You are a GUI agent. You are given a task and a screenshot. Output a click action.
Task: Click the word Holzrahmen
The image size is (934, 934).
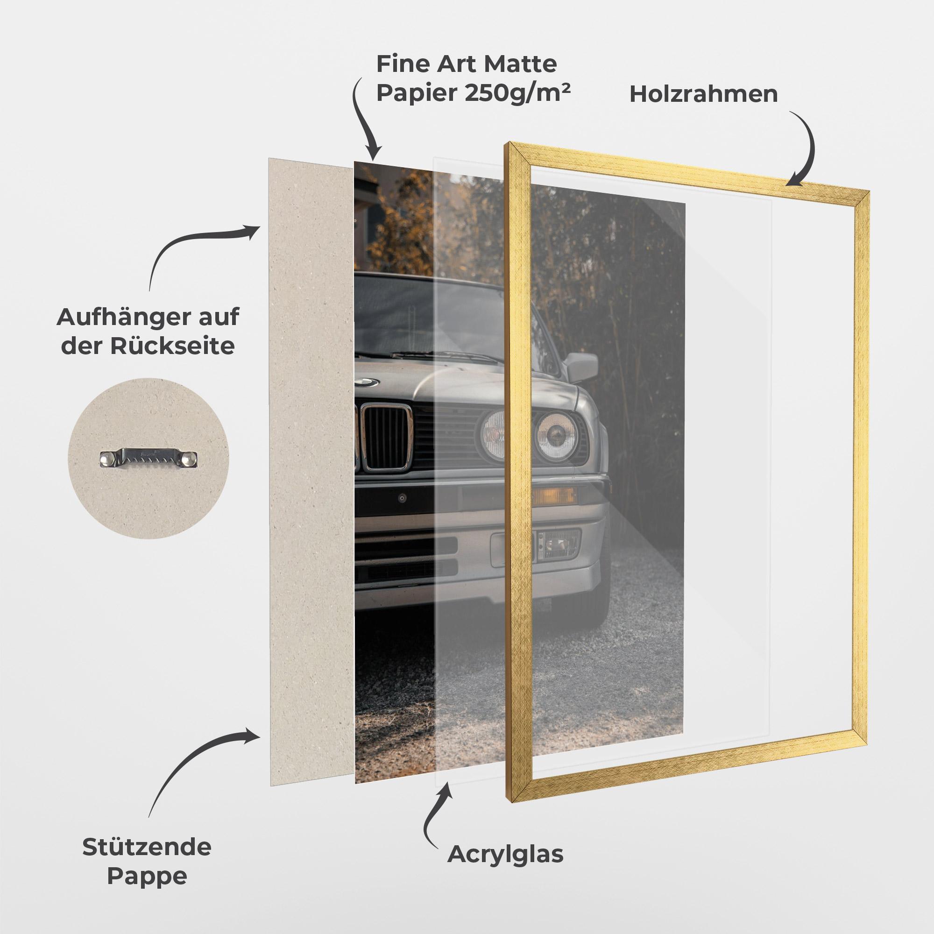[703, 94]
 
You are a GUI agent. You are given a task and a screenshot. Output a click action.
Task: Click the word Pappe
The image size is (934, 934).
[147, 876]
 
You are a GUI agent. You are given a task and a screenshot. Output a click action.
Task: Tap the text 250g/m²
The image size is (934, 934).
[518, 93]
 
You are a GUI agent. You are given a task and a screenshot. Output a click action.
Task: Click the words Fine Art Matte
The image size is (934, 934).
[467, 64]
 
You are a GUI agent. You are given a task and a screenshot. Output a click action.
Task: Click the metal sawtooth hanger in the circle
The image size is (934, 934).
[149, 457]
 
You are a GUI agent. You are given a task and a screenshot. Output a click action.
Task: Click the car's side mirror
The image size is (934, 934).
[582, 366]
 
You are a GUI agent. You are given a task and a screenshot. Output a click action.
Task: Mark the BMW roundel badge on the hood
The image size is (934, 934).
[366, 382]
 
